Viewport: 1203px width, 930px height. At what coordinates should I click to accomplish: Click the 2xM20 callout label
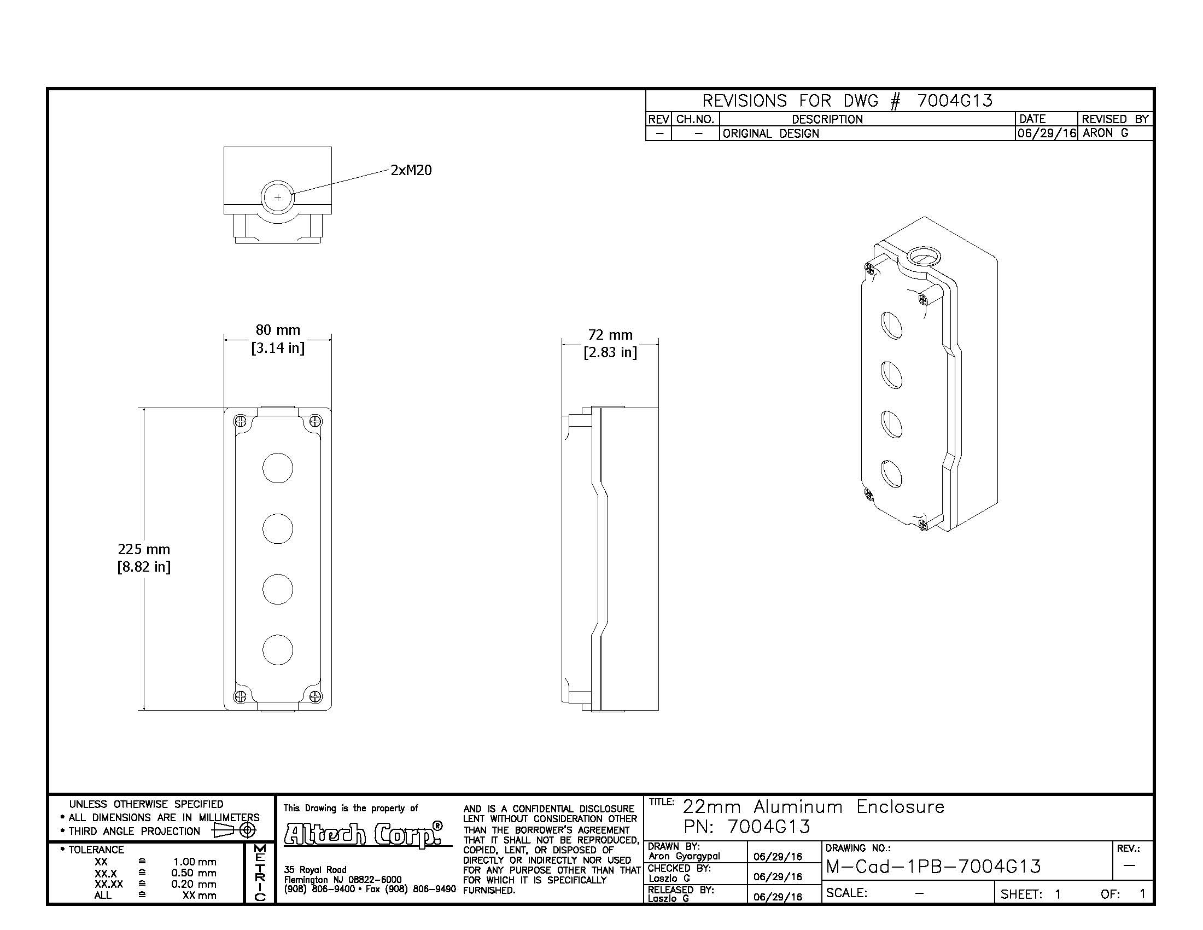tap(411, 170)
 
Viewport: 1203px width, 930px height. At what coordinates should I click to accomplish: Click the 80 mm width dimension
tap(278, 339)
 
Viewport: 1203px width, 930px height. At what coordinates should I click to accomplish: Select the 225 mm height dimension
tap(144, 557)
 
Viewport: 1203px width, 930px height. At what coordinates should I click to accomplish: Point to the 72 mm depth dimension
tap(610, 343)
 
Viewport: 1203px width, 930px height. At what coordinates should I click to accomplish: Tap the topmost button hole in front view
tap(278, 468)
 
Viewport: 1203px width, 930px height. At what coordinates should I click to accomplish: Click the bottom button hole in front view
tap(278, 649)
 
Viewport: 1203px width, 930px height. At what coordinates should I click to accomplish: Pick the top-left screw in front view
tap(240, 421)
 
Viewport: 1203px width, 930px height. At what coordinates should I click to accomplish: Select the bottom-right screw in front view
tap(316, 696)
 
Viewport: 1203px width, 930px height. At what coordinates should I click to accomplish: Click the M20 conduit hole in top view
tap(278, 197)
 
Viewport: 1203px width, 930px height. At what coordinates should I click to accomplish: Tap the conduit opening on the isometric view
tap(924, 256)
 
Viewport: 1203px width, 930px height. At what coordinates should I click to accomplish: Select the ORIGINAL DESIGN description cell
tap(770, 133)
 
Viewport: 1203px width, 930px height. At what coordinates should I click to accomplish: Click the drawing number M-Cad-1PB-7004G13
tap(933, 867)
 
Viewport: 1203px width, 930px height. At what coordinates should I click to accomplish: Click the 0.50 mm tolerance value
tap(194, 873)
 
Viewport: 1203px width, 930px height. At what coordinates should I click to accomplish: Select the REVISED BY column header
tap(1116, 119)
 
